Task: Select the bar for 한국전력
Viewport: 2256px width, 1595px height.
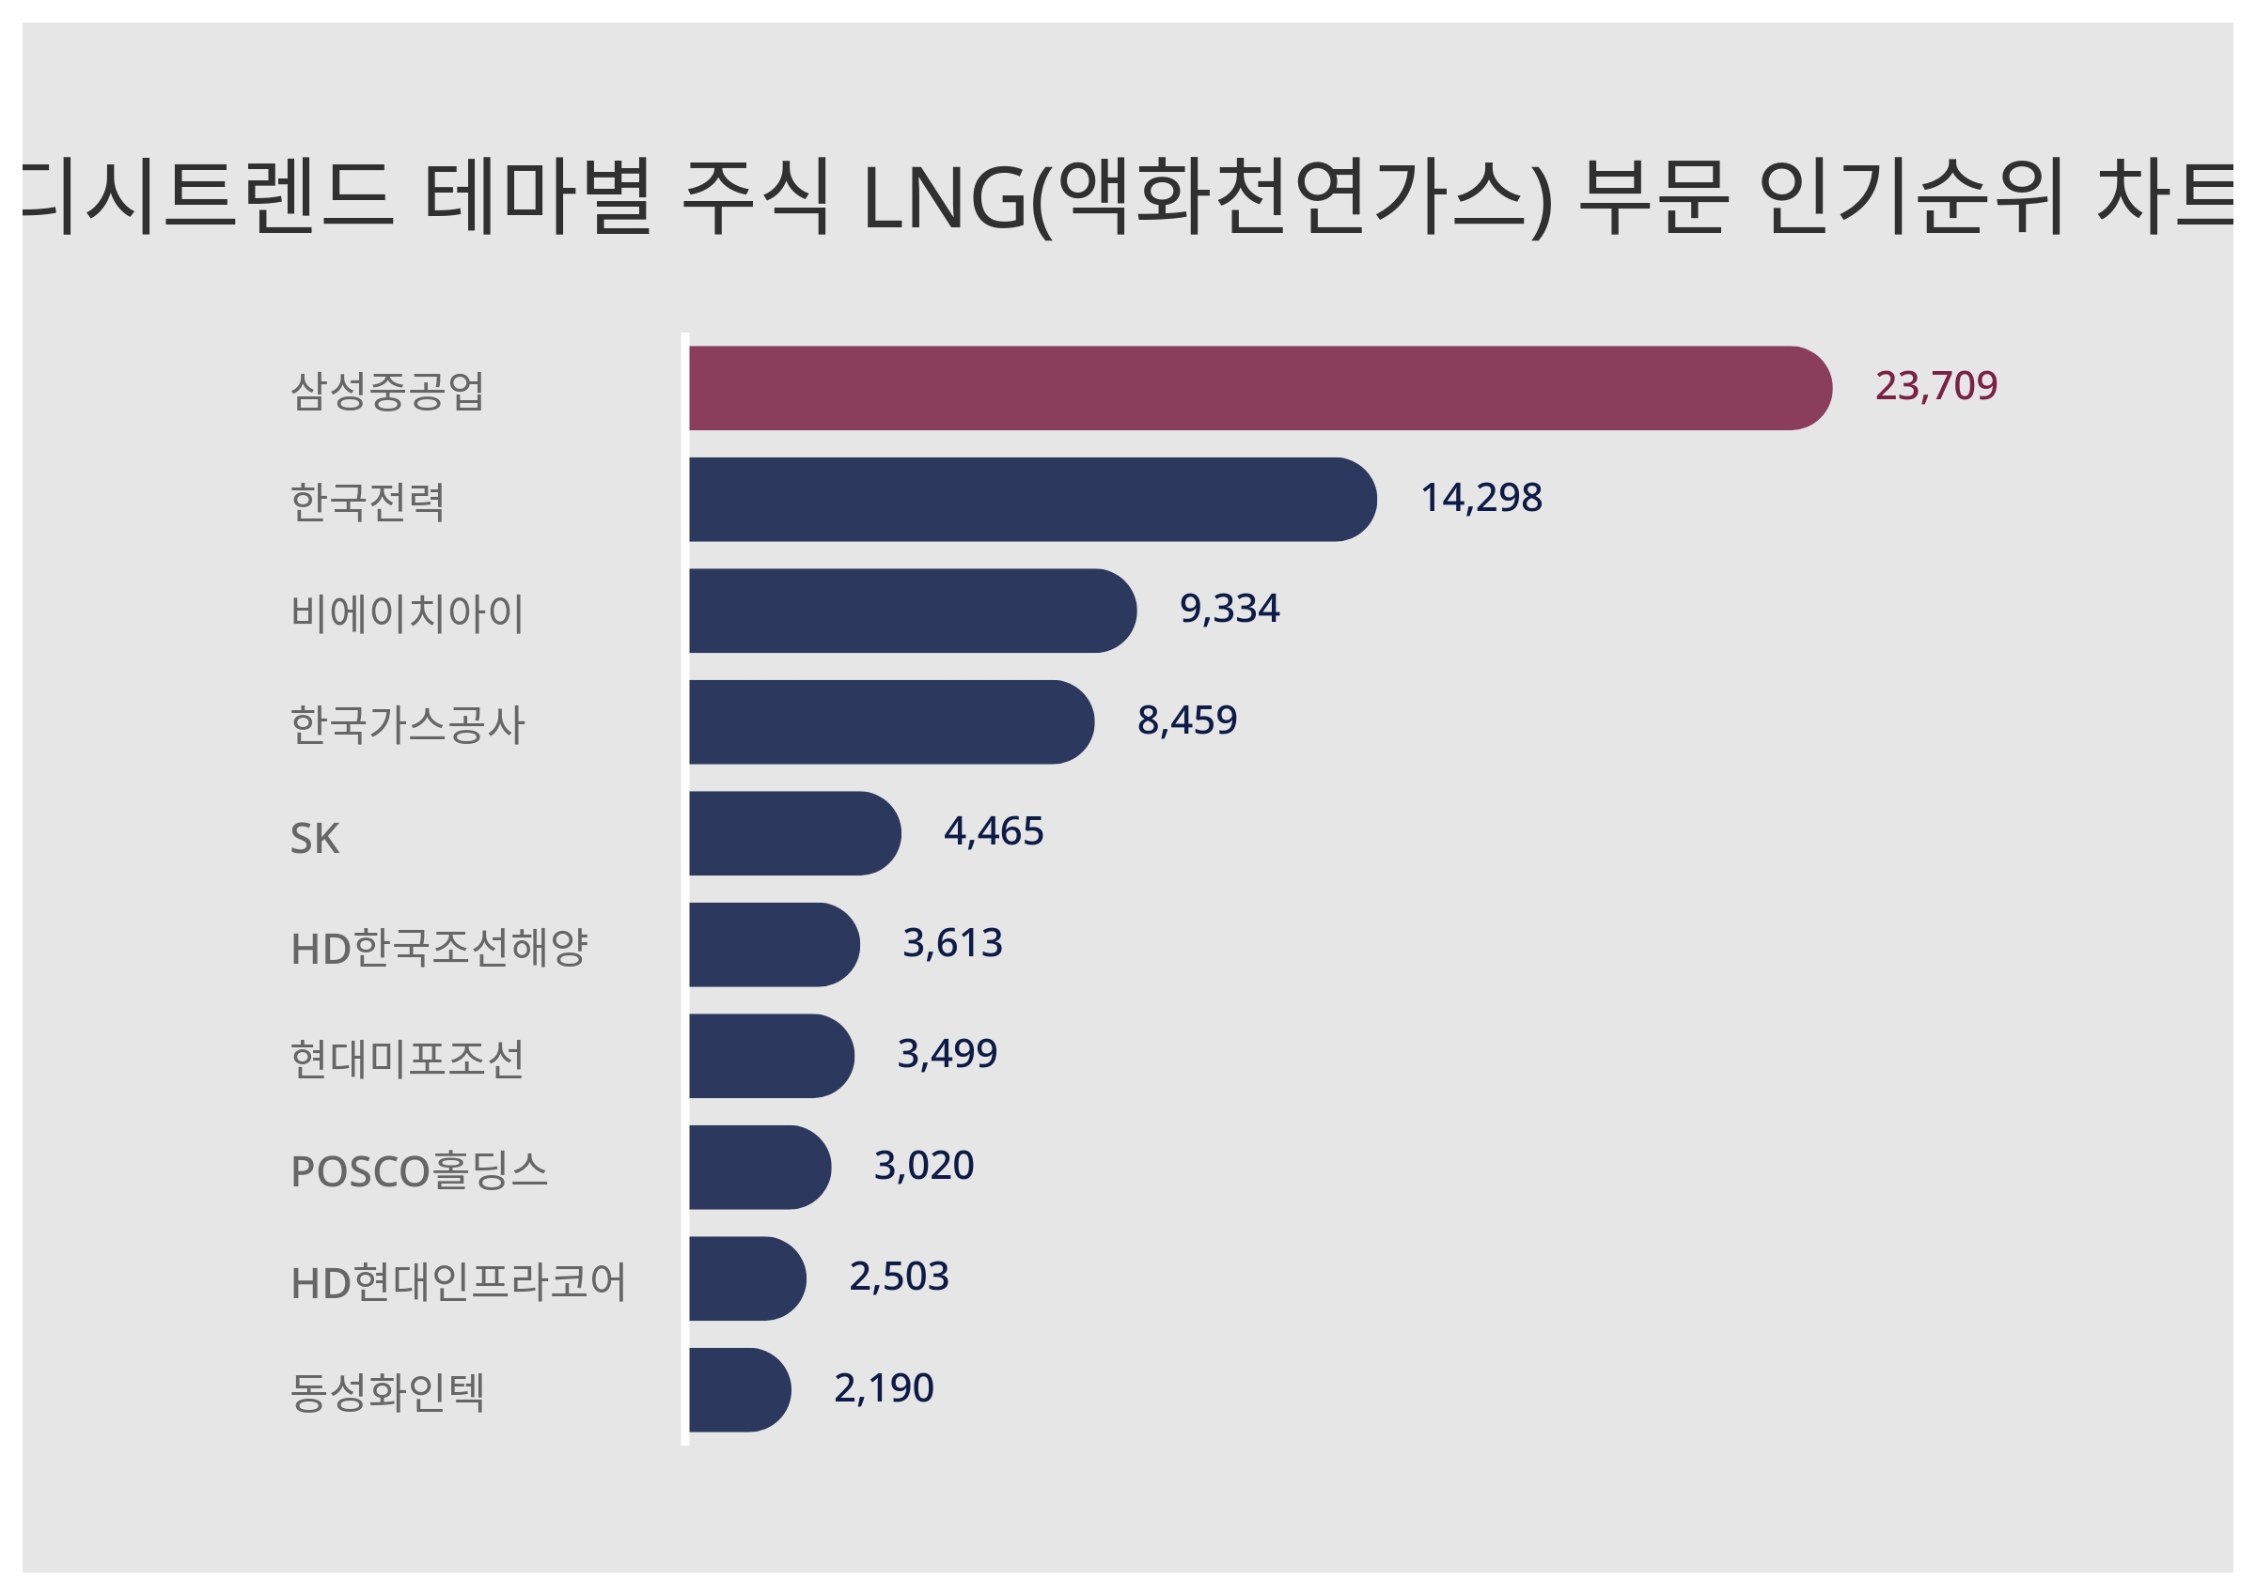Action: tap(1032, 499)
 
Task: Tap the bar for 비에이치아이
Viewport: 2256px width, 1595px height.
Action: tap(912, 610)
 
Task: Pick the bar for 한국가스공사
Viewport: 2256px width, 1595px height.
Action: tap(890, 721)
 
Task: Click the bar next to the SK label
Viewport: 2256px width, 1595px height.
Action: tap(794, 833)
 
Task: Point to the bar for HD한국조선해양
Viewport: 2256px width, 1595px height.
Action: tap(774, 944)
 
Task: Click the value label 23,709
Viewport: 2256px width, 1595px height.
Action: tap(1935, 386)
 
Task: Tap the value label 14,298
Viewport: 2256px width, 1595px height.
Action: tap(1480, 498)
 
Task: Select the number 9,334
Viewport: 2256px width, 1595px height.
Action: tap(1230, 609)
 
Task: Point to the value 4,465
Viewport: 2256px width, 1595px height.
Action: tap(994, 832)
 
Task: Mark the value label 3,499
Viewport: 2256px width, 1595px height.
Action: tap(948, 1054)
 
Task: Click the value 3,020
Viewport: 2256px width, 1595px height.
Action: tap(924, 1166)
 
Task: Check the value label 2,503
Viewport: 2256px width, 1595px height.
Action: tap(899, 1277)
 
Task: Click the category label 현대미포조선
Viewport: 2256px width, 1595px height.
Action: tap(407, 1059)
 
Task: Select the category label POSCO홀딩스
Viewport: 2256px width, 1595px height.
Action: tap(418, 1170)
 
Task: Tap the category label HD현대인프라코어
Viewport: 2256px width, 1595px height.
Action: tap(458, 1281)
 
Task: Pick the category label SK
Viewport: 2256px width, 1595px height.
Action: tap(314, 839)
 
